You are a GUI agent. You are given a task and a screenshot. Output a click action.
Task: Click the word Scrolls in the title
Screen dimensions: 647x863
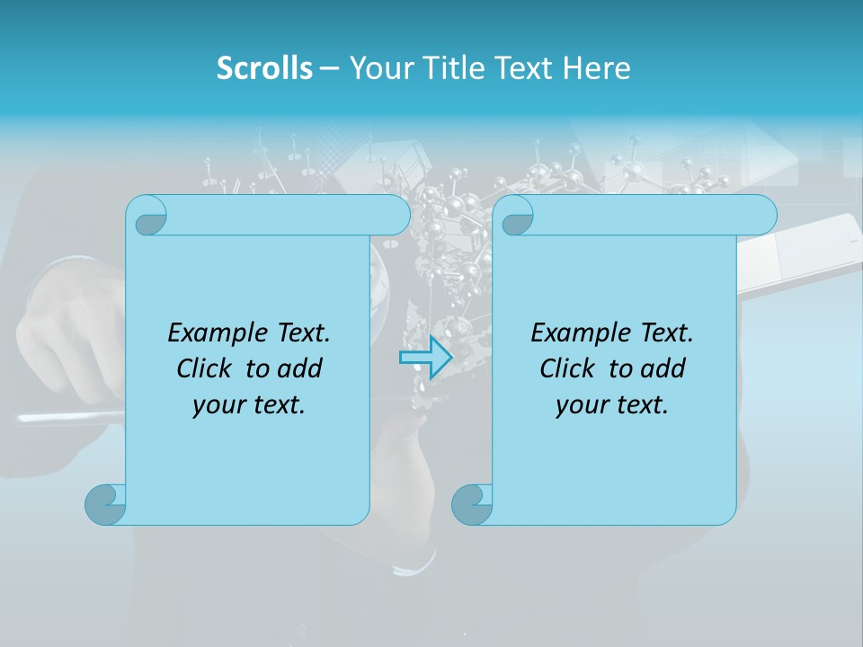[x=264, y=68]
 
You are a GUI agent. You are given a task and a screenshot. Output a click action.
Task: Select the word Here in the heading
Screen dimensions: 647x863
[x=597, y=68]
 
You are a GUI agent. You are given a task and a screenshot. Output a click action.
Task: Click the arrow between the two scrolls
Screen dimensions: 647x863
[x=424, y=358]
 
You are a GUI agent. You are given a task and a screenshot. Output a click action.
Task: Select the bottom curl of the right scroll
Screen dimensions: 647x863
[x=472, y=504]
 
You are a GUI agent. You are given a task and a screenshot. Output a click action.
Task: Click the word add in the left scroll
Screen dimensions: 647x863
[x=299, y=368]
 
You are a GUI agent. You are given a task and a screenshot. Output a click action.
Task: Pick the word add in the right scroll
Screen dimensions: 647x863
[x=663, y=368]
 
